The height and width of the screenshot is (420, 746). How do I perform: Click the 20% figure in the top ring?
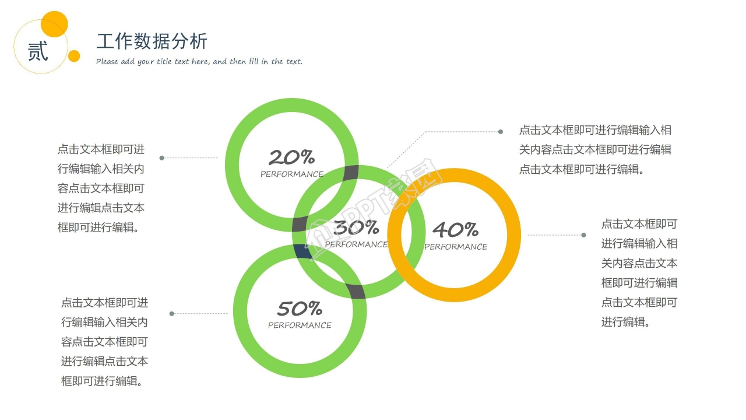(x=291, y=157)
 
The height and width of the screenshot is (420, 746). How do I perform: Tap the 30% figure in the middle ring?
(x=356, y=228)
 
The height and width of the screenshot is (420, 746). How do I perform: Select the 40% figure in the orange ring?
(x=455, y=229)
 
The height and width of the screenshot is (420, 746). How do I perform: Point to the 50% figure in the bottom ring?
(x=300, y=308)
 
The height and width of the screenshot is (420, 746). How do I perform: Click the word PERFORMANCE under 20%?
(x=291, y=174)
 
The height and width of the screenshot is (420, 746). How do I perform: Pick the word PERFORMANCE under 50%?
(x=300, y=325)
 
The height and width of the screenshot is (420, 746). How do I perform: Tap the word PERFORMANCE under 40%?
(x=456, y=247)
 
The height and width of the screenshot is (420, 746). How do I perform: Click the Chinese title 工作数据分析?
(x=152, y=41)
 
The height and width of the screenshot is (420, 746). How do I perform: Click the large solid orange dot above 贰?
(x=55, y=24)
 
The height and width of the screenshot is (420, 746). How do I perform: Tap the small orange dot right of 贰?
(x=74, y=56)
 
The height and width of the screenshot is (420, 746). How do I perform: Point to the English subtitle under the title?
(x=199, y=61)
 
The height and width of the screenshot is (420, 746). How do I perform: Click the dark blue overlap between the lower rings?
(x=302, y=251)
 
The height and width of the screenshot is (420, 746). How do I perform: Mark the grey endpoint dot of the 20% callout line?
(x=161, y=157)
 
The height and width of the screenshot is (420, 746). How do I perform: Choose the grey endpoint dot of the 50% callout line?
(x=171, y=314)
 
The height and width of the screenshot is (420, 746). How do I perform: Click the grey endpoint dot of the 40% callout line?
(x=583, y=235)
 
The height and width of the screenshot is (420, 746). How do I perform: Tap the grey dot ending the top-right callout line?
(x=500, y=132)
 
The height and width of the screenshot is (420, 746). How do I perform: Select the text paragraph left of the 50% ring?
(x=104, y=342)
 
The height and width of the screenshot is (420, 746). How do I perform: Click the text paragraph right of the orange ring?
(x=639, y=272)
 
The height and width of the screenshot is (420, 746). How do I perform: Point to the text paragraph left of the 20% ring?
(x=101, y=188)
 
